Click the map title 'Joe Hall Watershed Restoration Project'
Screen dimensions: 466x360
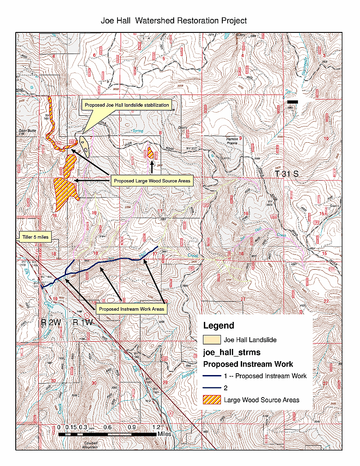[174, 21]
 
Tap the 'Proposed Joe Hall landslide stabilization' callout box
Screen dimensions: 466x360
[127, 105]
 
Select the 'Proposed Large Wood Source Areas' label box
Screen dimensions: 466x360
[152, 181]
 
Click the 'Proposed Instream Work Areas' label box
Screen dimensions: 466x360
[131, 309]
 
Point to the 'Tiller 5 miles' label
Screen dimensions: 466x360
[36, 236]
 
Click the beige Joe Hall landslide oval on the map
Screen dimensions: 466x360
[85, 145]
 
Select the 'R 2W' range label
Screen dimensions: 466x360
[49, 322]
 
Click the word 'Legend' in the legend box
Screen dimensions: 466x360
[219, 326]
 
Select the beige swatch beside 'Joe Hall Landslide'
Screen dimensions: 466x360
[212, 340]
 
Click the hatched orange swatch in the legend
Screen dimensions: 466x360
[212, 399]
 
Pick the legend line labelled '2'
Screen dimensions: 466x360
[212, 388]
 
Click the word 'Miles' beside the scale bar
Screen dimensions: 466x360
[164, 434]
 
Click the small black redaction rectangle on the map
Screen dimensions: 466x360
[292, 102]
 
